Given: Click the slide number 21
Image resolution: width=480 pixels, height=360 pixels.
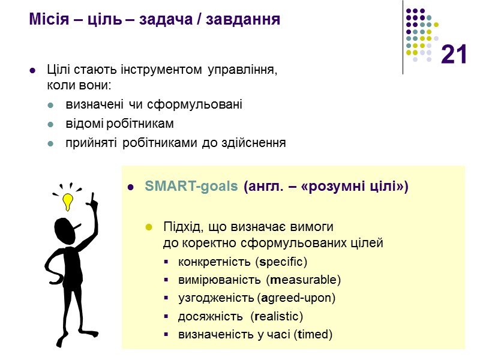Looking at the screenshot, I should point(454,56).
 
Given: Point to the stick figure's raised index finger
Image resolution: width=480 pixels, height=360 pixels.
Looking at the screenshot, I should point(93,199).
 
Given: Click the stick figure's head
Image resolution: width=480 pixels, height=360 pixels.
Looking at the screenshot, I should point(66,229).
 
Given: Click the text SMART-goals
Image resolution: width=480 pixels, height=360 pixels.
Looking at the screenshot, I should point(191,187).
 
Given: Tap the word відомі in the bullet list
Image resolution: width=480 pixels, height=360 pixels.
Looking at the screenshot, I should point(83,124).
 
